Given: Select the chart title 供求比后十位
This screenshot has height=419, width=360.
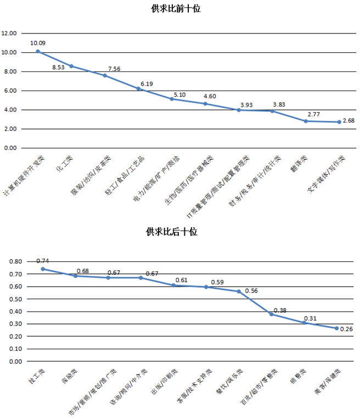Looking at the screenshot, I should click(x=171, y=231).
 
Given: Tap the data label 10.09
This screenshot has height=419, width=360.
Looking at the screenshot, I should click(x=38, y=42).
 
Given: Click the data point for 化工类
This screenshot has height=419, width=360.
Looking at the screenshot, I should click(x=71, y=66).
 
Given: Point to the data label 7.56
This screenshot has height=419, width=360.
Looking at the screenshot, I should click(x=115, y=69).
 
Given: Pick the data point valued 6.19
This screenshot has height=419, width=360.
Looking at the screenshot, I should click(x=139, y=88).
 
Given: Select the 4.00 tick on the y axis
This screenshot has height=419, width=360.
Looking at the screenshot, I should click(x=11, y=110).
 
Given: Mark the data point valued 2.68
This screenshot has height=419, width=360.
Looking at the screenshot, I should click(x=340, y=122).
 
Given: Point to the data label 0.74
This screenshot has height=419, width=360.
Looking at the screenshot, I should click(x=42, y=261).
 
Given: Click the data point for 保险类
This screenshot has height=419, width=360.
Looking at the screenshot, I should click(x=76, y=276).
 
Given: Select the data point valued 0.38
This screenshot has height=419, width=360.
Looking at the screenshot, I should click(x=271, y=314).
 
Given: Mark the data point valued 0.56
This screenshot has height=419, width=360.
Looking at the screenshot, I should click(x=239, y=291).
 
